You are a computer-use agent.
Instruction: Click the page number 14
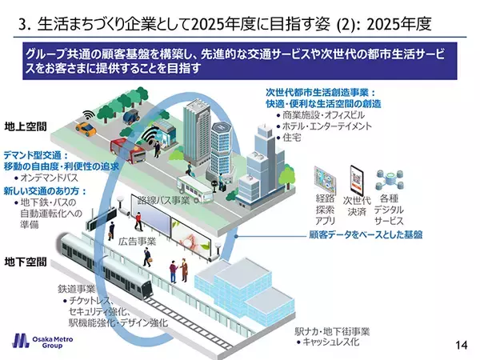[x=460, y=345]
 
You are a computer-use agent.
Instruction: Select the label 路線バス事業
[x=163, y=200]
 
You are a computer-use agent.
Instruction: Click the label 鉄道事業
[x=77, y=289]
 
